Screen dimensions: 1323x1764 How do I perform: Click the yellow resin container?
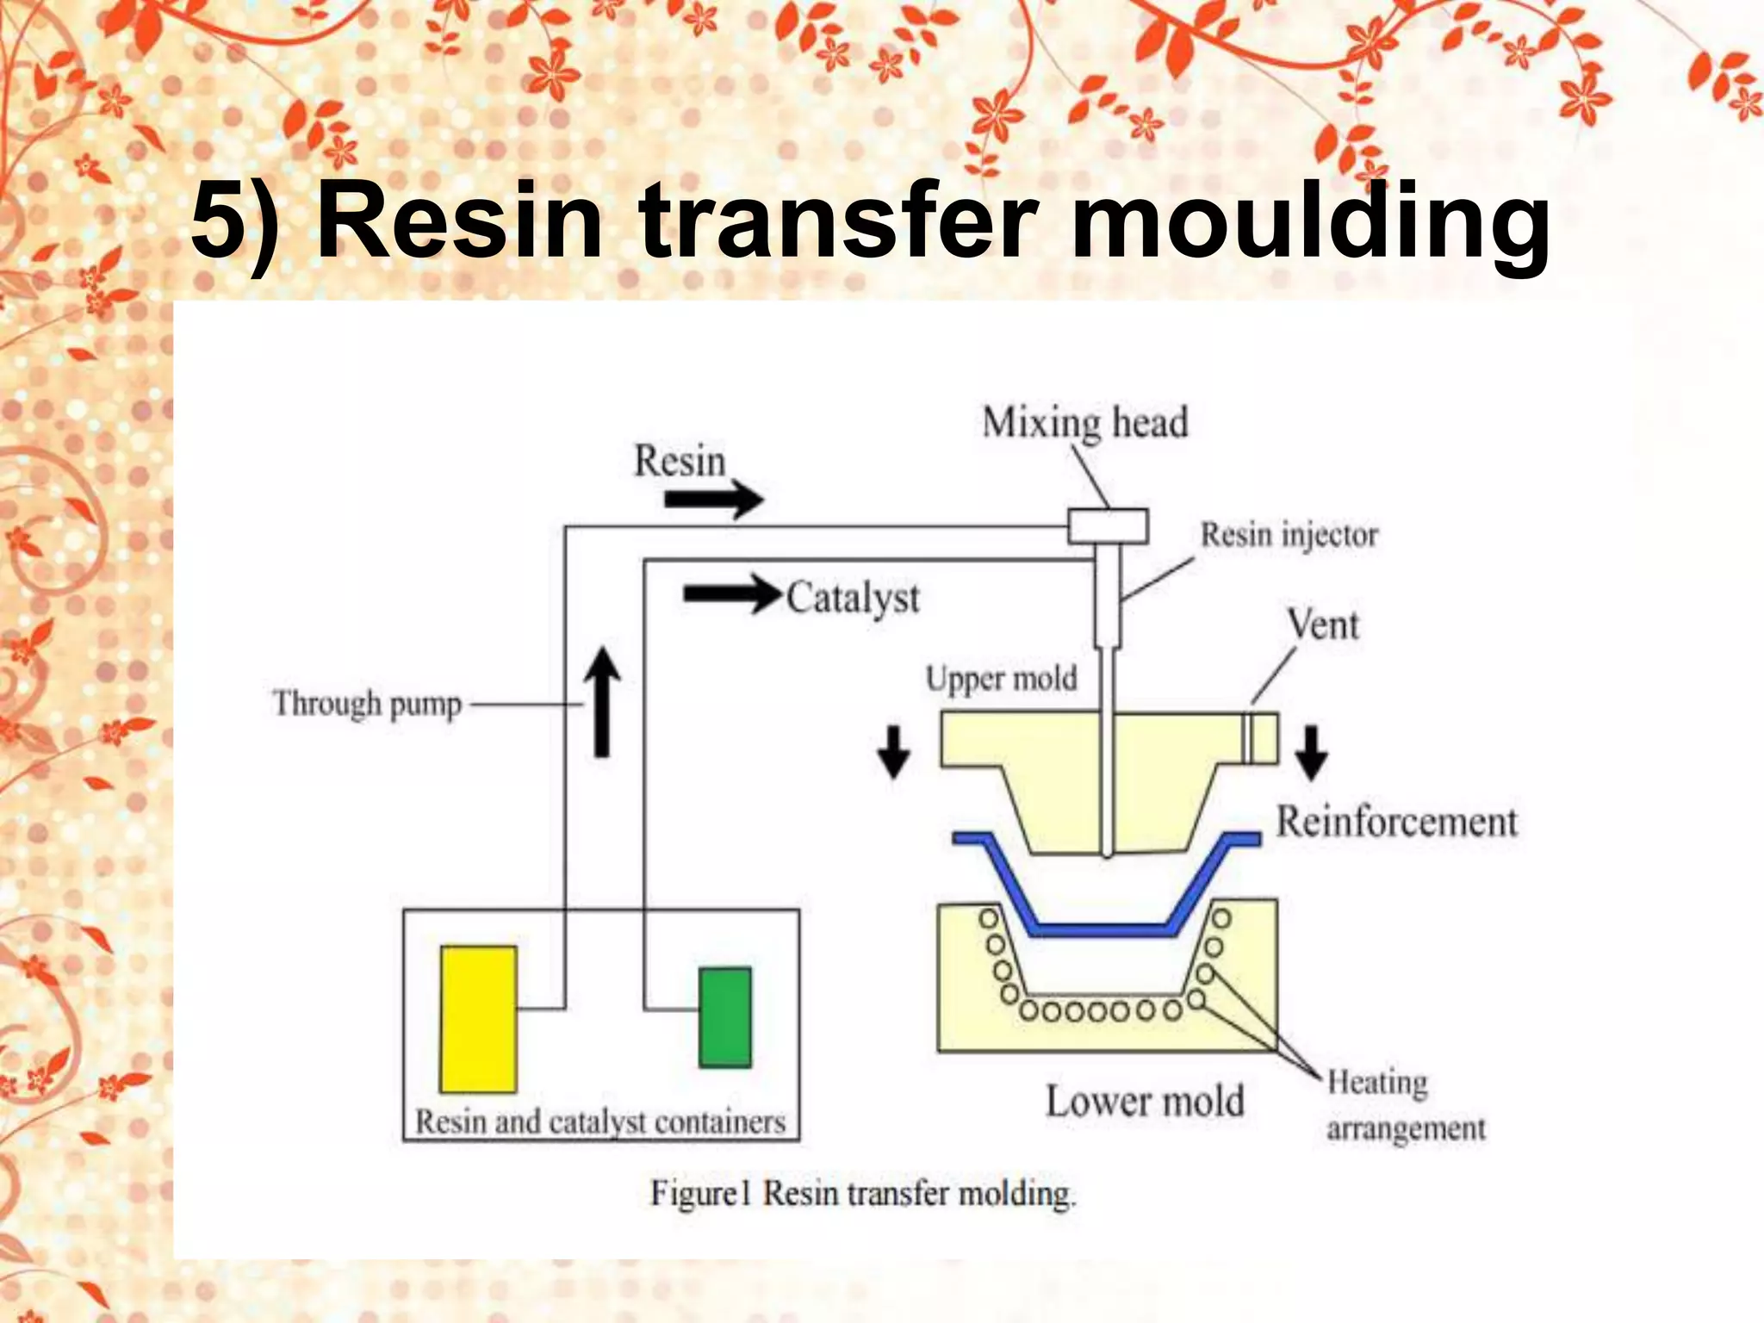(x=478, y=1019)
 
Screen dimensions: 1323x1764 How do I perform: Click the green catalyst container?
(x=724, y=1017)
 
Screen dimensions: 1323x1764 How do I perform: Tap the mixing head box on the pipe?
(x=1108, y=526)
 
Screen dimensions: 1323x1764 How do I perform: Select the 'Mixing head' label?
(x=1084, y=423)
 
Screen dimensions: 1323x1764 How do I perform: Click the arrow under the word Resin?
(x=714, y=500)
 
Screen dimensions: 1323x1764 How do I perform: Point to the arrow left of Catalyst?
(x=730, y=594)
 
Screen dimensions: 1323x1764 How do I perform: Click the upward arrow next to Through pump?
(x=602, y=702)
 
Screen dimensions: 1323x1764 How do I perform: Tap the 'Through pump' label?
(x=367, y=704)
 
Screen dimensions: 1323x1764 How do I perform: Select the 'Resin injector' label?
(x=1289, y=535)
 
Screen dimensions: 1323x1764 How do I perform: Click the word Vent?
(x=1322, y=624)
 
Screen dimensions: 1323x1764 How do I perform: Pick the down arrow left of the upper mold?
(x=893, y=752)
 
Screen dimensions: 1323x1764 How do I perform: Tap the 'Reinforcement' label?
(x=1395, y=822)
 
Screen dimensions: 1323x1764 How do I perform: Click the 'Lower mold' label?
(x=1144, y=1102)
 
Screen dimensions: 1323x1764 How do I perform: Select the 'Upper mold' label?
(x=1001, y=679)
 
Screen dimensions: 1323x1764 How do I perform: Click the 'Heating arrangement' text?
(x=1404, y=1105)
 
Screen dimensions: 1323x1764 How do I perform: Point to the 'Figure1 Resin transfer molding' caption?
(x=862, y=1194)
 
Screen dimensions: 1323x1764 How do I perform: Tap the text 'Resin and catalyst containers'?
(x=599, y=1122)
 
